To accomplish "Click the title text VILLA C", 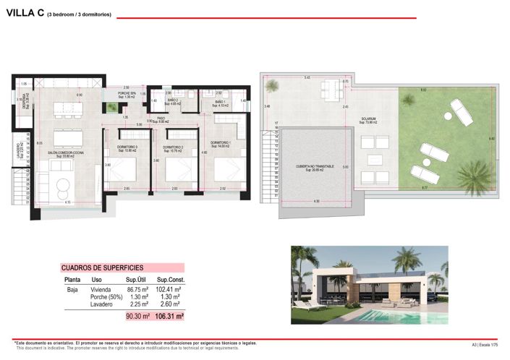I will pos(25,14).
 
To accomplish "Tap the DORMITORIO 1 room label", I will pos(221,143).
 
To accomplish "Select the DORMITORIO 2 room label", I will pos(174,147).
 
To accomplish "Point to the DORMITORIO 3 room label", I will pos(127,147).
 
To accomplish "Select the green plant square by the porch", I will pos(111,108).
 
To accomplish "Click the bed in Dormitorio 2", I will pos(177,171).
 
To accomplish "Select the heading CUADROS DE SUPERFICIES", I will pos(103,267).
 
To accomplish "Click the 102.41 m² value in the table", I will pos(169,288).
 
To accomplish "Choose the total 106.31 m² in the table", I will pos(169,316).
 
